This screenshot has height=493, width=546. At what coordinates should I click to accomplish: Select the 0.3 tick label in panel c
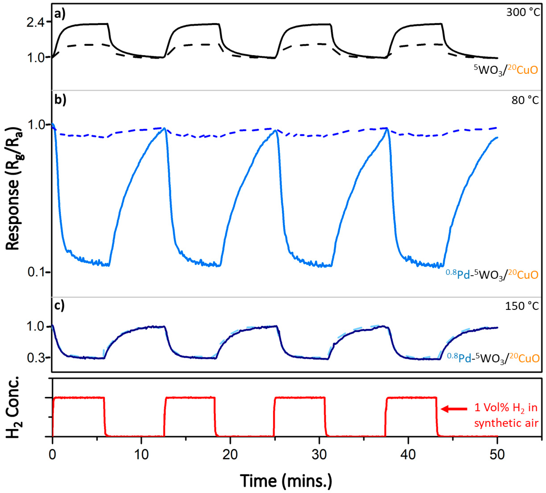tap(35, 358)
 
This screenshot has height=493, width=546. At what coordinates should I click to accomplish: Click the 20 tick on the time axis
tap(230, 455)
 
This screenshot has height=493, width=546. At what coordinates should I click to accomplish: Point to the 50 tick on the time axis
tap(497, 455)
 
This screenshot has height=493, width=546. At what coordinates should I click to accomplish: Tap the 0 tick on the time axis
tap(52, 455)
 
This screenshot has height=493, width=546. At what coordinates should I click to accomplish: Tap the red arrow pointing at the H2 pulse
tap(454, 409)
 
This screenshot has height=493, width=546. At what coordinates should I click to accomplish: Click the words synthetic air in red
tap(506, 423)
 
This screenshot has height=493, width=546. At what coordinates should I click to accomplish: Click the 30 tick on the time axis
tap(319, 455)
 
